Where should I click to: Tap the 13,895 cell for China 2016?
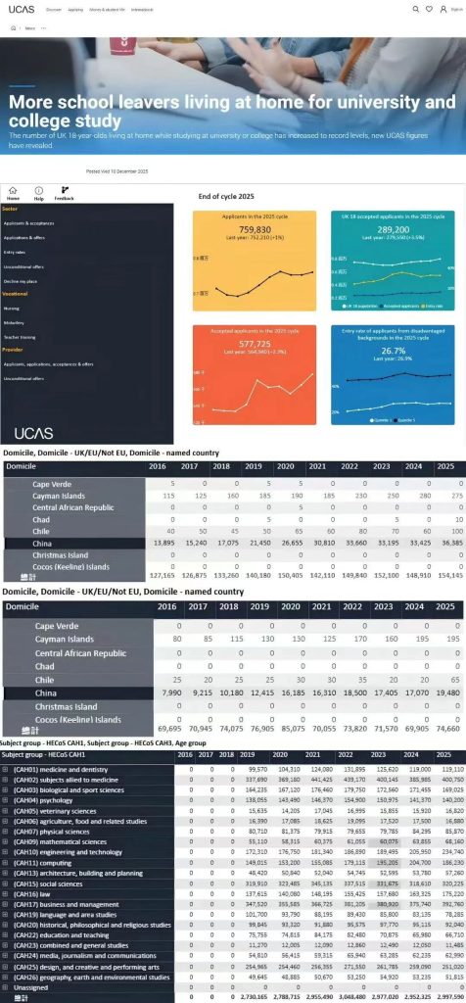point(162,543)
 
